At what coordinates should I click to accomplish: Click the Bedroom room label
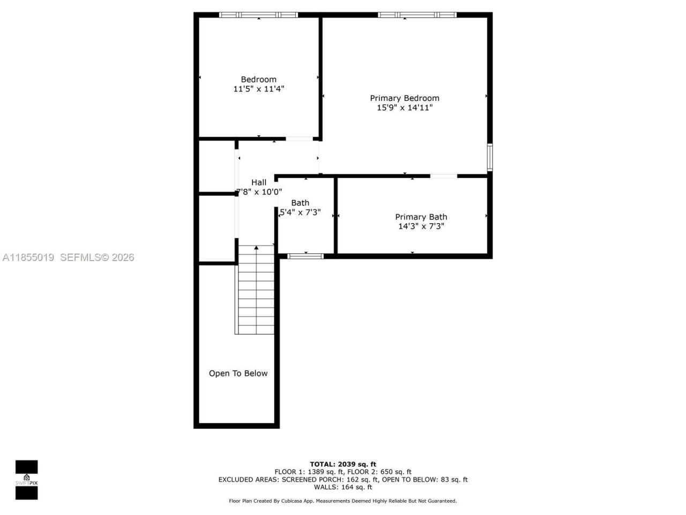pyautogui.click(x=258, y=79)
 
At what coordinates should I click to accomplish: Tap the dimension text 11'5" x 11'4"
pyautogui.click(x=258, y=89)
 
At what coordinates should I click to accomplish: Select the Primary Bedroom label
pyautogui.click(x=405, y=98)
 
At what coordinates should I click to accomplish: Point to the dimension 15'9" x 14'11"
pyautogui.click(x=405, y=108)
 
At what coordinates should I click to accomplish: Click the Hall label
pyautogui.click(x=258, y=182)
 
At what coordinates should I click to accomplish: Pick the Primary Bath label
pyautogui.click(x=421, y=217)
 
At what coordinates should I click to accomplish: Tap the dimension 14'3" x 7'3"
pyautogui.click(x=421, y=226)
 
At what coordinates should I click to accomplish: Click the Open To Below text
pyautogui.click(x=238, y=373)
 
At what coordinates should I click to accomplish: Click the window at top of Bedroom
pyautogui.click(x=258, y=15)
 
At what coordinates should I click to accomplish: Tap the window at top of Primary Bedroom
pyautogui.click(x=417, y=15)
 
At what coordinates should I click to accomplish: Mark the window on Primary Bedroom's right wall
pyautogui.click(x=489, y=157)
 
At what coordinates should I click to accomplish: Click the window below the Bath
pyautogui.click(x=305, y=256)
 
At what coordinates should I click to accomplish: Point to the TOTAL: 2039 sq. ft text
pyautogui.click(x=343, y=464)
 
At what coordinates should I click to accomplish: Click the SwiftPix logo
pyautogui.click(x=26, y=480)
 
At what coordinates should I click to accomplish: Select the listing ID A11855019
pyautogui.click(x=28, y=257)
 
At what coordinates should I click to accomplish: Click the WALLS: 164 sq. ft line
pyautogui.click(x=343, y=487)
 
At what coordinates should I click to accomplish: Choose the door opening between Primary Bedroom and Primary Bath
pyautogui.click(x=444, y=175)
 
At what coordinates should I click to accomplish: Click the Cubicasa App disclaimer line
pyautogui.click(x=343, y=501)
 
